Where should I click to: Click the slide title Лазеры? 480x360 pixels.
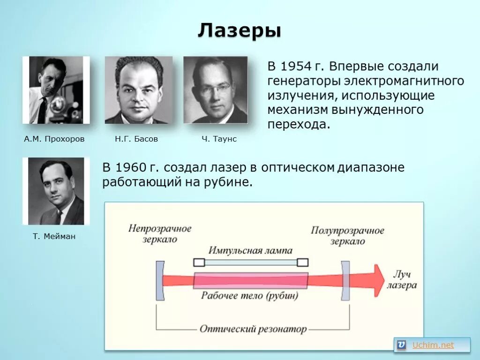240,31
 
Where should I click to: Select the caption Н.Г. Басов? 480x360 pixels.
136,139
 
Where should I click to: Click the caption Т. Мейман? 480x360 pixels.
54,237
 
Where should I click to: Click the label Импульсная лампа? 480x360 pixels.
250,250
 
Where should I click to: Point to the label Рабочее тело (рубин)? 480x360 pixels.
250,296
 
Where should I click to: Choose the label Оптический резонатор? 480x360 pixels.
253,329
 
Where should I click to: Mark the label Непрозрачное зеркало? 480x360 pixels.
160,234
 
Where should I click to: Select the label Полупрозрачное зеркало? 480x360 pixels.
347,236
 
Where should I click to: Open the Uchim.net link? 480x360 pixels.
433,345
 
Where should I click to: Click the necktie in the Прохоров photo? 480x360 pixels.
42,111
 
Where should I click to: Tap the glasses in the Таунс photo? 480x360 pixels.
215,89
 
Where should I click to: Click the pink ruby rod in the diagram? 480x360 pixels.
250,280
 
